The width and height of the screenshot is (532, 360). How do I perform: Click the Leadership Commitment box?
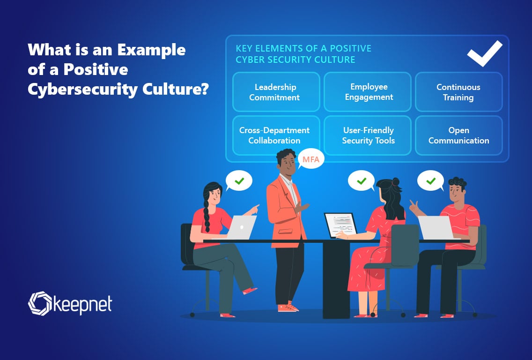pos(276,92)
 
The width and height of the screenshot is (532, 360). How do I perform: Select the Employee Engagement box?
pos(368,92)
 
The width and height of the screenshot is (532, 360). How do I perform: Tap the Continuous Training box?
pos(459,92)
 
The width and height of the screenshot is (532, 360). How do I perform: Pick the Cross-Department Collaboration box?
pos(276,135)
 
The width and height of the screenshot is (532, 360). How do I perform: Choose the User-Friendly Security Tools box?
pos(368,135)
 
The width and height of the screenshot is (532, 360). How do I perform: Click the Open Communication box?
pos(459,135)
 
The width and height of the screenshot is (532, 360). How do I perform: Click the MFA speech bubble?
pos(310,159)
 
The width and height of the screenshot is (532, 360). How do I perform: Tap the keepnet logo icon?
pos(40,303)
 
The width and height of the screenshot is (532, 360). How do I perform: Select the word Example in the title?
pos(151,51)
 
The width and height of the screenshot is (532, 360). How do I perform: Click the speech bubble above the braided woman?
pos(239,181)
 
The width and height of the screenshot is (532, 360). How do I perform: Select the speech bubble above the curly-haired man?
pos(431,181)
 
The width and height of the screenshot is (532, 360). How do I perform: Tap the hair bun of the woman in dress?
pos(395,182)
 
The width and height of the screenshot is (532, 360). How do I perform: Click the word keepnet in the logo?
pos(82,304)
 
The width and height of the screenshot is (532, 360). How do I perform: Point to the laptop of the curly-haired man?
pos(436,227)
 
